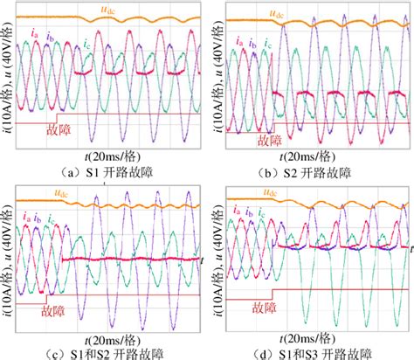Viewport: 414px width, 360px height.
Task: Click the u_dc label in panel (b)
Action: click(303, 15)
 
